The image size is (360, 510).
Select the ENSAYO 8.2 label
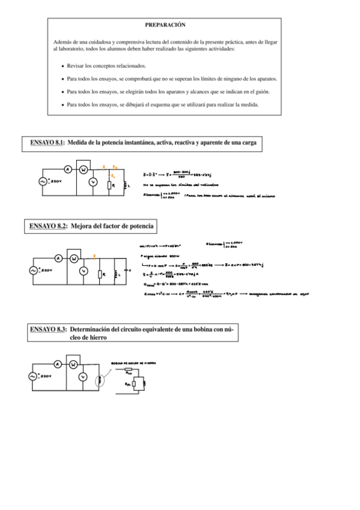point(47,226)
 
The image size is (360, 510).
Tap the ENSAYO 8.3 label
point(48,330)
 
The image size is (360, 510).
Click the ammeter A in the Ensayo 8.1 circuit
point(67,170)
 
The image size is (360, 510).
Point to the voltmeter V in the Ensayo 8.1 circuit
point(93,182)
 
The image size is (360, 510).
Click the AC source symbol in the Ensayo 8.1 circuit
point(43,181)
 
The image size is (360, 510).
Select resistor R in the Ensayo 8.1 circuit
point(110,185)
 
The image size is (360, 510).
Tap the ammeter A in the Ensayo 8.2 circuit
point(59,258)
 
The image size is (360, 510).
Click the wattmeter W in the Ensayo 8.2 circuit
point(74,259)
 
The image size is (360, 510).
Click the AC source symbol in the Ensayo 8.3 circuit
point(34,376)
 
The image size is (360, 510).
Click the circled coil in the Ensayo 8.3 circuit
point(99,379)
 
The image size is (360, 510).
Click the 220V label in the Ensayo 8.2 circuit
point(46,272)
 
